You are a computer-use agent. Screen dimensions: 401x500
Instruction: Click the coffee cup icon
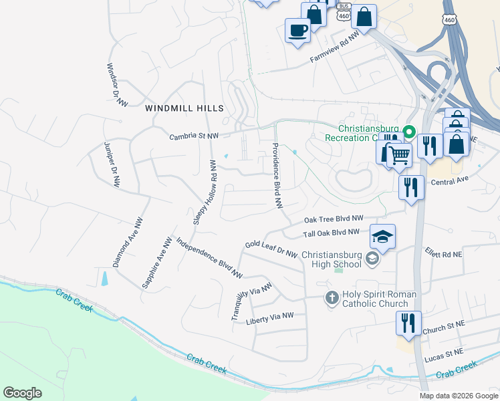297,29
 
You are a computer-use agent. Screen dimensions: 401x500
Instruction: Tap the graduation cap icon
382,237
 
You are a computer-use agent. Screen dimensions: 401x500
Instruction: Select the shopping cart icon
399,156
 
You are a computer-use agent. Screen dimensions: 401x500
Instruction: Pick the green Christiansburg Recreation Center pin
411,130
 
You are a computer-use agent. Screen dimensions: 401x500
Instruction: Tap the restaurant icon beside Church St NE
408,323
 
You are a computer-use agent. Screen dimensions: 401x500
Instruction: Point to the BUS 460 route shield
344,12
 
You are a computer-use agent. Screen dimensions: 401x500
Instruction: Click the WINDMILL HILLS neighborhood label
184,108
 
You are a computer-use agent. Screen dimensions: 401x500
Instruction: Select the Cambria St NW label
193,136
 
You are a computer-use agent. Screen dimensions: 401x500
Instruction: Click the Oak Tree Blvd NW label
334,219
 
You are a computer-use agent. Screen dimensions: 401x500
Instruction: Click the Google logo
22,393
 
